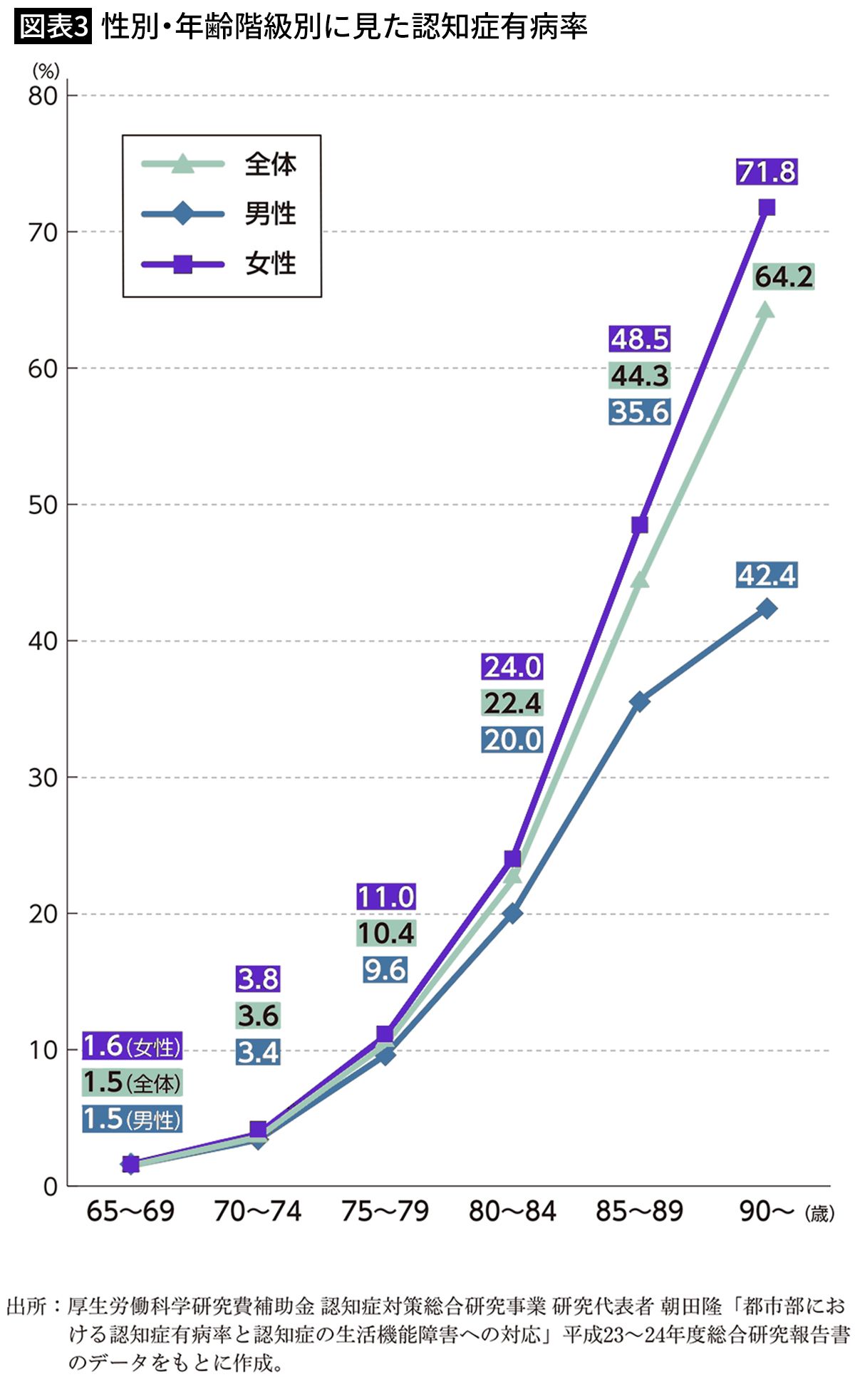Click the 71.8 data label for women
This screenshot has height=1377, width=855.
[x=767, y=172]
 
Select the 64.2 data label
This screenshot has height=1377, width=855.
[x=784, y=277]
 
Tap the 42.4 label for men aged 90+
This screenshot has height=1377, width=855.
[x=767, y=575]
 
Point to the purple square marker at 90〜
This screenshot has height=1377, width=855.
[x=767, y=207]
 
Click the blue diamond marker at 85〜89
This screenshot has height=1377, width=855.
[x=640, y=701]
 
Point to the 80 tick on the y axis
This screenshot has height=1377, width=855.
[x=43, y=96]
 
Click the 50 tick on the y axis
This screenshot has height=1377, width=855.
[x=43, y=505]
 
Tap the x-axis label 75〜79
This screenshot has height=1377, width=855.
[x=385, y=1211]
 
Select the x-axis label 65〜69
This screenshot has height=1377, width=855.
[x=130, y=1211]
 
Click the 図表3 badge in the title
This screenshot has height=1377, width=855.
[x=53, y=27]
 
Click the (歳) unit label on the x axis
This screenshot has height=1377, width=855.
[x=819, y=1213]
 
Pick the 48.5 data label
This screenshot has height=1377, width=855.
[x=640, y=339]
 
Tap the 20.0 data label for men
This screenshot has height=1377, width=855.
[x=513, y=740]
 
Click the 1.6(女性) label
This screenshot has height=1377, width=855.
[x=132, y=1046]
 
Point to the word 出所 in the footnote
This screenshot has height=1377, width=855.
[x=27, y=1306]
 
